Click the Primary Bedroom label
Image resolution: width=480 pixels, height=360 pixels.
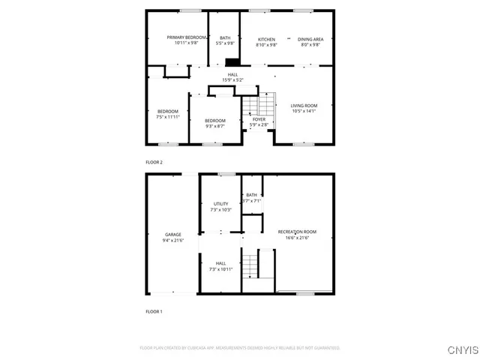tap(187, 37)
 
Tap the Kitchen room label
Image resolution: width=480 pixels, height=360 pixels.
tap(266, 39)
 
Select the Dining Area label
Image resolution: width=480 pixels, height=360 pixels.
tap(310, 39)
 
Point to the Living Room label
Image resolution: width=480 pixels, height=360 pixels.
tap(304, 106)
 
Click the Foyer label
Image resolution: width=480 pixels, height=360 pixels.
tap(259, 119)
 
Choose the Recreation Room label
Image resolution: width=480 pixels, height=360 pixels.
tap(297, 232)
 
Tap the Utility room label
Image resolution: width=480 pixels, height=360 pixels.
tap(220, 204)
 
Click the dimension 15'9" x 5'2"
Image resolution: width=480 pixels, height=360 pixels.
tap(233, 80)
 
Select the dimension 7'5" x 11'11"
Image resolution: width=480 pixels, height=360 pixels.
tap(167, 117)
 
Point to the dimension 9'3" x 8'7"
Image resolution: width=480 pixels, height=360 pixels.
tap(215, 126)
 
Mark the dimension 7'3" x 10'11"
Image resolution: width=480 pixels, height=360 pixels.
tap(220, 268)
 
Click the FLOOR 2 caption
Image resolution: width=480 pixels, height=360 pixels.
tap(154, 162)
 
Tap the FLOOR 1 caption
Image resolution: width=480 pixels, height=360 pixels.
tap(154, 310)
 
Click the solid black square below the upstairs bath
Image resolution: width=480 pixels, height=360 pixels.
tap(232, 63)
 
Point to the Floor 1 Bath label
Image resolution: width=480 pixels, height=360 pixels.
tap(251, 195)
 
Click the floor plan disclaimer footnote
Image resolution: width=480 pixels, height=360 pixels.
tap(240, 348)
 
